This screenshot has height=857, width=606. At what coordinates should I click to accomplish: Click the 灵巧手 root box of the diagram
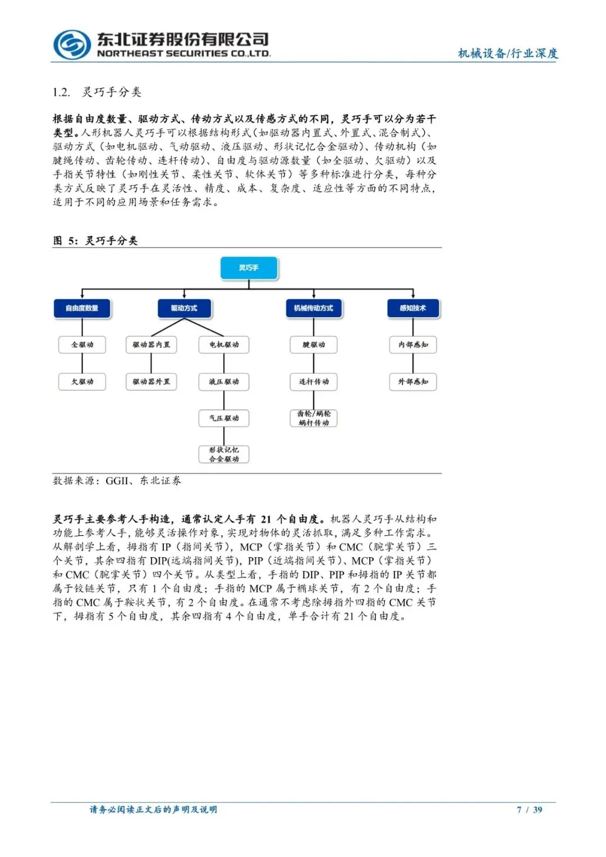[x=249, y=268]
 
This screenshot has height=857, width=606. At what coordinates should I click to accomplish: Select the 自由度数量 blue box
[x=82, y=308]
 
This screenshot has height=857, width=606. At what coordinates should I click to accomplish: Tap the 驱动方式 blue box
[x=184, y=308]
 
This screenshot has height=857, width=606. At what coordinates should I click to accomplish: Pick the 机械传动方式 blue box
[x=313, y=308]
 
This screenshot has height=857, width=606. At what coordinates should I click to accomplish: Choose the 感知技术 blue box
[x=412, y=308]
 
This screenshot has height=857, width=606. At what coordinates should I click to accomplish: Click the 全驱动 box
[x=82, y=345]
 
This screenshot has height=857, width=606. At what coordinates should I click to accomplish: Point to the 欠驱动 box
[x=82, y=382]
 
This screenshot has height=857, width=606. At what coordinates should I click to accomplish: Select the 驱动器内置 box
[x=151, y=345]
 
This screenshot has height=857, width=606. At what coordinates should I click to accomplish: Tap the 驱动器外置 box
[x=151, y=382]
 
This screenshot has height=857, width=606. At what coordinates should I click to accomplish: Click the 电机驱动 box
[x=224, y=345]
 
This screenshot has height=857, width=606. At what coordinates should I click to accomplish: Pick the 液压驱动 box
[x=224, y=382]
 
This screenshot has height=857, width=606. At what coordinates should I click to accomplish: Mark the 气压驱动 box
[x=224, y=418]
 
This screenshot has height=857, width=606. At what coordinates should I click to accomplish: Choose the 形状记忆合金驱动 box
[x=224, y=454]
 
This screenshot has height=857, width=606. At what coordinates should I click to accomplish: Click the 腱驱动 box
[x=314, y=345]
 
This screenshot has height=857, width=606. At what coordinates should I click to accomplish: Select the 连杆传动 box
[x=314, y=382]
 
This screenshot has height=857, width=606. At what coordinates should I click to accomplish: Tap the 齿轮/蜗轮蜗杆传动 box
[x=314, y=418]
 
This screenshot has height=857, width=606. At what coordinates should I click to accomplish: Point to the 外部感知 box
[x=413, y=382]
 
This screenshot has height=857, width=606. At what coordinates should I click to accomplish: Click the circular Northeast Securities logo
[x=72, y=45]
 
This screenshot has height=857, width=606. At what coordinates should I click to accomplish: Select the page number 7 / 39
[x=529, y=809]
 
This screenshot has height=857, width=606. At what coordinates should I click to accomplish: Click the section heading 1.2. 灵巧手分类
[x=97, y=92]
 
